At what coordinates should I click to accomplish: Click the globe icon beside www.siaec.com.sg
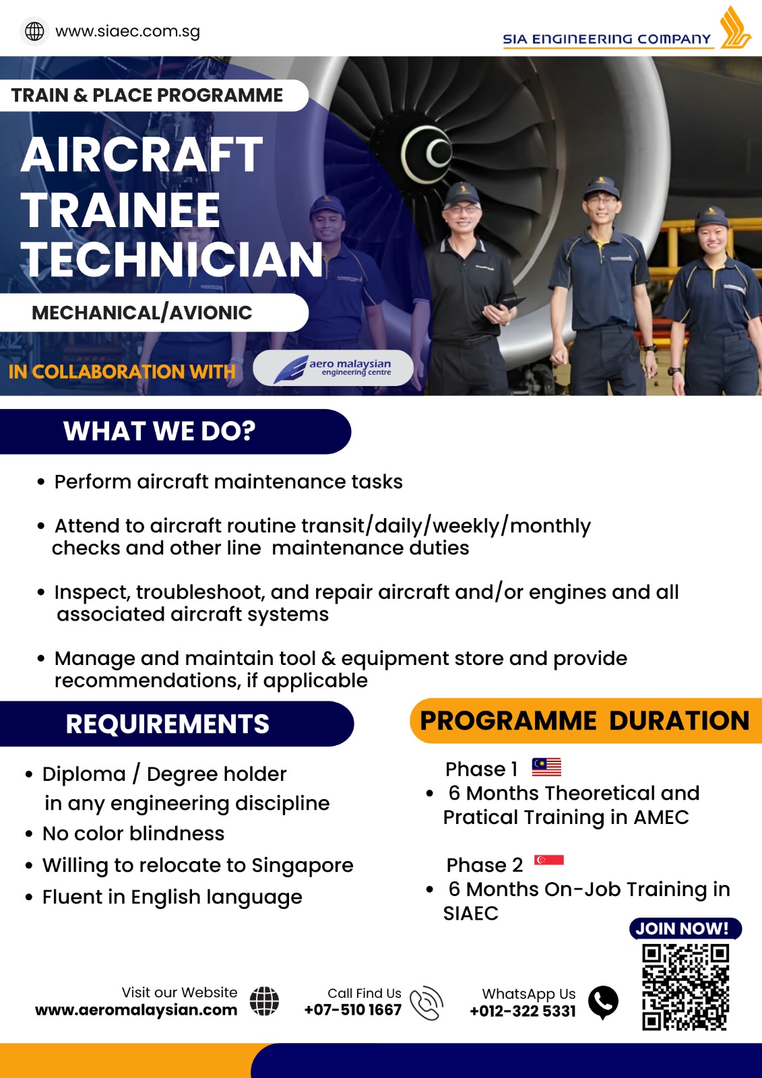[34, 31]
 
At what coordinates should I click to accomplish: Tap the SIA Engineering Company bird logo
[734, 27]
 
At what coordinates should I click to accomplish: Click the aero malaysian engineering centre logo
[333, 368]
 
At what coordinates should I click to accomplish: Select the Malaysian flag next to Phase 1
[546, 767]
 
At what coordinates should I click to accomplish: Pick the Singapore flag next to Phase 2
[548, 860]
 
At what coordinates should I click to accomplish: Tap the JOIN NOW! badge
[685, 928]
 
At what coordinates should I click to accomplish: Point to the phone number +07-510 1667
[353, 1010]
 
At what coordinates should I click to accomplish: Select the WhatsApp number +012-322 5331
[523, 1011]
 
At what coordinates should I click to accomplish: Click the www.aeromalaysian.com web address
[136, 1010]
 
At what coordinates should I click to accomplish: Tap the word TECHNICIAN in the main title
[172, 260]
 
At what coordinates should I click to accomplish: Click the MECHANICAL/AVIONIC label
[142, 313]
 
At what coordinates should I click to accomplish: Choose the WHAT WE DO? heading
[159, 431]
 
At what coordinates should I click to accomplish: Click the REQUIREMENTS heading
[167, 724]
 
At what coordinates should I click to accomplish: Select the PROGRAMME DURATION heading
[585, 720]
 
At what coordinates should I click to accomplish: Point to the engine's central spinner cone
[429, 153]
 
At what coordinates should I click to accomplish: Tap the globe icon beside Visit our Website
[264, 1001]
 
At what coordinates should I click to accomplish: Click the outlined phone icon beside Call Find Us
[426, 1003]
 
